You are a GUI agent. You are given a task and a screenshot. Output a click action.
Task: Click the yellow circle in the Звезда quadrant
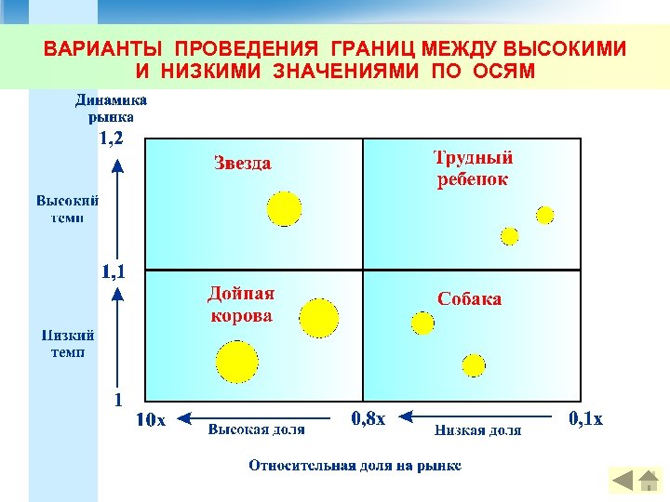coord(284,208)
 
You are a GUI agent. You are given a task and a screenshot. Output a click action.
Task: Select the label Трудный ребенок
coord(473,168)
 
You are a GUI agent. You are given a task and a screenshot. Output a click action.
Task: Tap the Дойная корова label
coord(241,305)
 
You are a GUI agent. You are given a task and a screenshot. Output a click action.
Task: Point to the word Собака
coord(469,298)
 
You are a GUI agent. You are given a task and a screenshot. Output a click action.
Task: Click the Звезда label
coord(242,164)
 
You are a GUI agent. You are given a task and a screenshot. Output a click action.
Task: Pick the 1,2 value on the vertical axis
coord(116,139)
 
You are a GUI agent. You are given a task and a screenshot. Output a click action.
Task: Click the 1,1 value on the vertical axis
coord(117,271)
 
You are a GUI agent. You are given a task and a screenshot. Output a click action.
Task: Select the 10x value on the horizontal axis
coord(152,420)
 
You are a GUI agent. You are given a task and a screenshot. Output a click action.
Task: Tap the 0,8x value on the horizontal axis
coord(368,419)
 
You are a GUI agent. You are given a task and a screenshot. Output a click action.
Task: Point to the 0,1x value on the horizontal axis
coord(585,419)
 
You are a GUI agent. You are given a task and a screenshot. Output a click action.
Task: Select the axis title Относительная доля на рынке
coord(355,465)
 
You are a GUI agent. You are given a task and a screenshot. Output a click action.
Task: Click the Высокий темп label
coord(68,208)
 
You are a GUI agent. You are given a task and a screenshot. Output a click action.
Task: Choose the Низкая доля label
coord(477,429)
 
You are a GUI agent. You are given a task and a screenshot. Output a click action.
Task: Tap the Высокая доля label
coord(255,429)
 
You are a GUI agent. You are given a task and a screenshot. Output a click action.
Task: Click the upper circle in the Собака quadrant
coord(423,323)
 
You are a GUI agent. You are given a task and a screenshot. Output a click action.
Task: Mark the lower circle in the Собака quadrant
coord(474,364)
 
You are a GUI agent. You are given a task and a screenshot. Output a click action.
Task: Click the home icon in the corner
coord(648,481)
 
